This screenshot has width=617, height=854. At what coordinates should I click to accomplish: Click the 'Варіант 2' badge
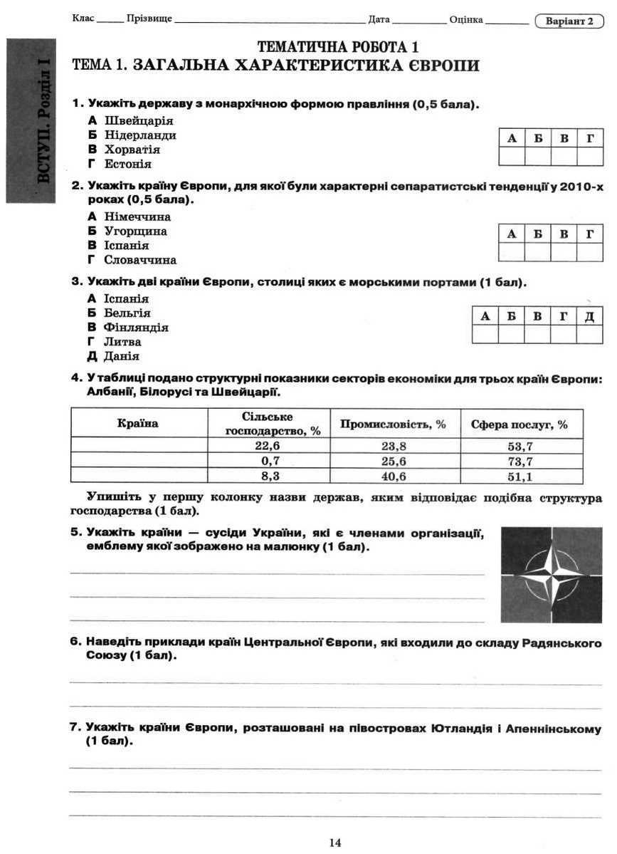coord(569,21)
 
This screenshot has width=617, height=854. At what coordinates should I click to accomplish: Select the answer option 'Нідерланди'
coord(139,135)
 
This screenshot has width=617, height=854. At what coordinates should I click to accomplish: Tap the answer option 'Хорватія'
coord(132,150)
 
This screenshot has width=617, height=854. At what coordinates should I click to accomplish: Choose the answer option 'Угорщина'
coord(135,231)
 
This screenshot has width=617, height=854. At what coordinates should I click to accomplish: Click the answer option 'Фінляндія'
coord(136,328)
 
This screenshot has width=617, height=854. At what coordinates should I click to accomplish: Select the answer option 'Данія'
coord(121,356)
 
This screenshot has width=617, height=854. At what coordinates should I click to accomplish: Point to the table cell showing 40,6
coord(394,477)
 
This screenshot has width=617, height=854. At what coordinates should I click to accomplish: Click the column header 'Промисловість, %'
coord(394,424)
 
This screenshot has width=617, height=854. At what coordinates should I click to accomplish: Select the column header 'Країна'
coord(138,423)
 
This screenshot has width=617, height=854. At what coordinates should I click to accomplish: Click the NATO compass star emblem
coord(551,575)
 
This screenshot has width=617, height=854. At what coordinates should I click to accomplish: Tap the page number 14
coord(335,843)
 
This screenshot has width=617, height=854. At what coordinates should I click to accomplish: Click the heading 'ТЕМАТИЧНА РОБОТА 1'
coord(338,48)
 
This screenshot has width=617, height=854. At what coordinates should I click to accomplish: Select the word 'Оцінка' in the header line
coord(466,20)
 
